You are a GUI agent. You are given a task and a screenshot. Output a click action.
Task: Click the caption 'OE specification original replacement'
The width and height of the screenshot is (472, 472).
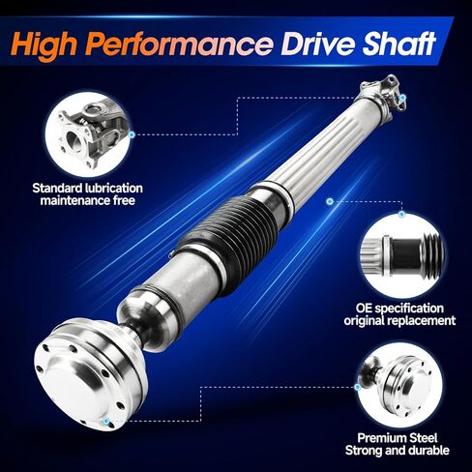[x=406, y=312]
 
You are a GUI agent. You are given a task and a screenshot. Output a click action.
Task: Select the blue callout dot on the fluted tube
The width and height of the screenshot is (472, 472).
[x=330, y=201]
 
